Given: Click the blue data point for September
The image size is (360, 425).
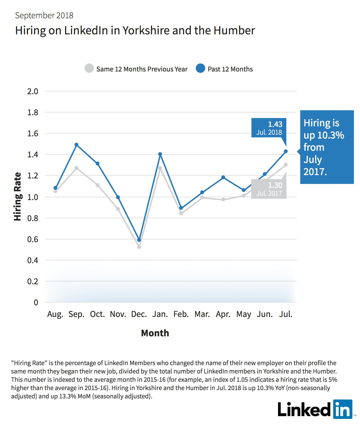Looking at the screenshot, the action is tap(76, 145).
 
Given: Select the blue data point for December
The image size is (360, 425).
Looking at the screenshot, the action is tap(139, 240).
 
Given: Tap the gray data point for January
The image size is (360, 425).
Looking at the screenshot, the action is tap(160, 168).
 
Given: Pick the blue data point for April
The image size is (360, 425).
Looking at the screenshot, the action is tap(223, 177).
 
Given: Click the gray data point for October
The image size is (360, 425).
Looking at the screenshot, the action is tap(97, 185).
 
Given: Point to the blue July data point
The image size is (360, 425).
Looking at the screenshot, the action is tap(286, 151).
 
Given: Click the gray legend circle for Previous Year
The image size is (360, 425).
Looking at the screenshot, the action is tap(89, 68).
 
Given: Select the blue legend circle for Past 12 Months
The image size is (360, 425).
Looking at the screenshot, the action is tap(200, 68).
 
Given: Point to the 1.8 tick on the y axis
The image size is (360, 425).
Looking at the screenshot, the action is tap(33, 112).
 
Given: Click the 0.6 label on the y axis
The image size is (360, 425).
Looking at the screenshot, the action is tap(33, 239).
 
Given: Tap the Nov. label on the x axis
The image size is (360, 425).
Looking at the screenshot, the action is tap(118, 314).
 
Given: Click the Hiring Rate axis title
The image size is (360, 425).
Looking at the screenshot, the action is tap(17, 196).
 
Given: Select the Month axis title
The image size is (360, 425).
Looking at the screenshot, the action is tap(155, 333).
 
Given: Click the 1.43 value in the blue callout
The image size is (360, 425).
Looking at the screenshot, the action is tap(275, 124).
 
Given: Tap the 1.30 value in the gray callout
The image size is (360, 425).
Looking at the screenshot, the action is tap(275, 185).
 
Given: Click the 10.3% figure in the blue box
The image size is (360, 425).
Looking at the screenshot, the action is tap(331, 135).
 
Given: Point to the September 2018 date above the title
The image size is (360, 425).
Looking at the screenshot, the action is tap(44, 16).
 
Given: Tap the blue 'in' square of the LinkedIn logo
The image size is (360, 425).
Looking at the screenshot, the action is tap(343, 409).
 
